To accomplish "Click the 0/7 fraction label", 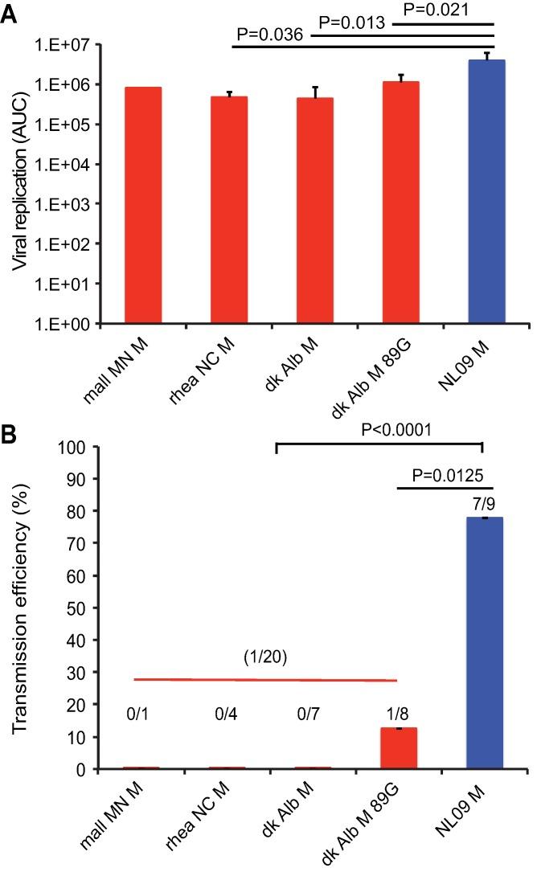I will [314, 715].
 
